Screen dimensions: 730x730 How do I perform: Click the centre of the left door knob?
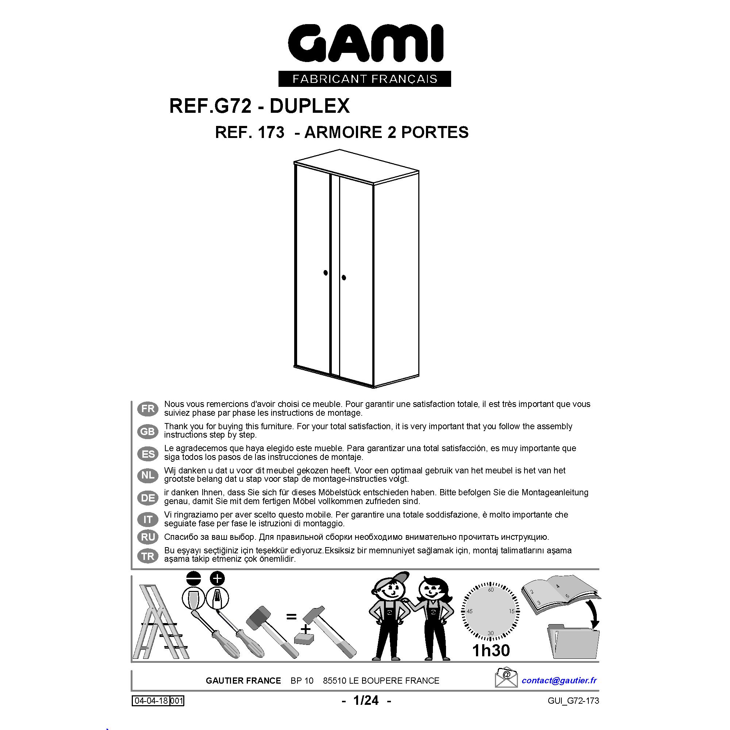[326, 272]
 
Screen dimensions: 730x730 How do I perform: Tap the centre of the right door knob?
[344, 278]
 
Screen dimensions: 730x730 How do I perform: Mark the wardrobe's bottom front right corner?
[373, 388]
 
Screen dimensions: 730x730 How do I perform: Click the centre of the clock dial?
[491, 611]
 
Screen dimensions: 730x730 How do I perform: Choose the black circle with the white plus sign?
[217, 579]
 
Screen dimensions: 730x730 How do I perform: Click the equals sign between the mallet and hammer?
[291, 617]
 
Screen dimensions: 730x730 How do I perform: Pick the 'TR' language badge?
[148, 556]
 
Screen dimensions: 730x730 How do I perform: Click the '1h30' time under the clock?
[491, 650]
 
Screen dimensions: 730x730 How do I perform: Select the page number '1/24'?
[366, 700]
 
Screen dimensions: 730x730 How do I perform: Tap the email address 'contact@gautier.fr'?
[559, 680]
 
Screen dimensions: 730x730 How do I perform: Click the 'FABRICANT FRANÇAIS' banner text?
[365, 79]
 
